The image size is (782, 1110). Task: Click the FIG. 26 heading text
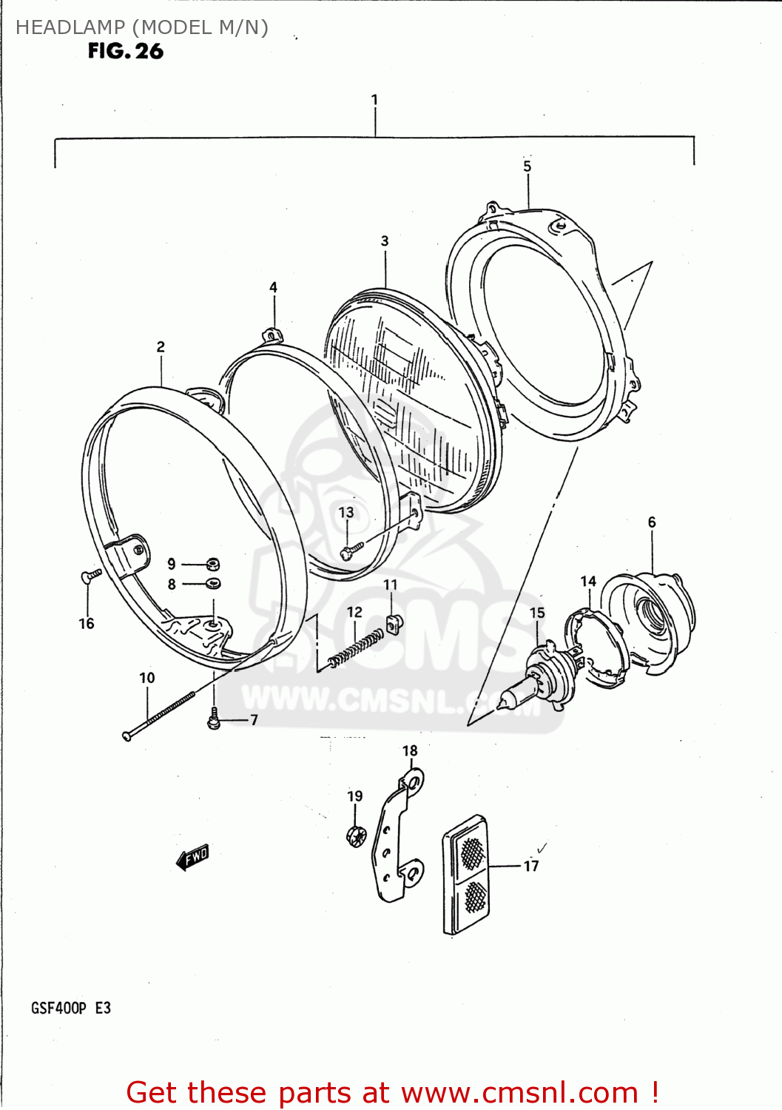[x=125, y=51]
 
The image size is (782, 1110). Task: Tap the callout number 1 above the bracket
[x=374, y=100]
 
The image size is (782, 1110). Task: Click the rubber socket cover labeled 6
[x=651, y=618]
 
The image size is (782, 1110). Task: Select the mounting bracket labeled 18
[x=400, y=836]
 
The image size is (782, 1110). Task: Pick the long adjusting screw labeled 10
[x=159, y=715]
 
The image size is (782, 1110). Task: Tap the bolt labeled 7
[x=214, y=719]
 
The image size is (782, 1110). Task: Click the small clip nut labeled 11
[x=394, y=623]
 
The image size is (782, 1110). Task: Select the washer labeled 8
[x=213, y=584]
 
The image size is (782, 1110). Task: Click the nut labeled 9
[x=212, y=564]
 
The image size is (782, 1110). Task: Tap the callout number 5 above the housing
[x=527, y=166]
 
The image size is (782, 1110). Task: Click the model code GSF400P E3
[x=71, y=1008]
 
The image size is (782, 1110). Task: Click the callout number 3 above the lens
[x=385, y=241]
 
